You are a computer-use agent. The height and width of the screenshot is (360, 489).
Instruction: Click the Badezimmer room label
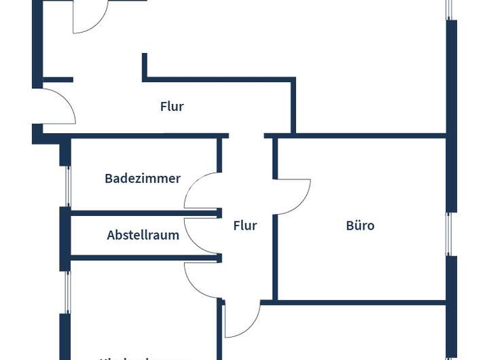point(143,179)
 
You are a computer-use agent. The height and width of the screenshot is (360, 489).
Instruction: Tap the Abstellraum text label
point(143,236)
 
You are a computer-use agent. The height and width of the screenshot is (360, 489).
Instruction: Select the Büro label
point(360,226)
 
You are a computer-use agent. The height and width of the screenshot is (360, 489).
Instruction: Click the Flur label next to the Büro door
point(245,226)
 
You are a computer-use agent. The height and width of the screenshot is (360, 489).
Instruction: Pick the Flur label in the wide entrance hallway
point(172,107)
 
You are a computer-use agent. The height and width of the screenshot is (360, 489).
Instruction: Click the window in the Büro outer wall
point(448,234)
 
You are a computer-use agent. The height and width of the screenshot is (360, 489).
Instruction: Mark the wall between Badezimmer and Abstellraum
point(143,213)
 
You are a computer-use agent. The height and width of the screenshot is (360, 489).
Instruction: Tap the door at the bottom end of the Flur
point(242,319)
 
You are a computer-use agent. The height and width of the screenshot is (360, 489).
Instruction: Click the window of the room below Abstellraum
point(67,292)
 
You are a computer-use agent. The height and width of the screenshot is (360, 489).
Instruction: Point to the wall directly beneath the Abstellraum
point(143,258)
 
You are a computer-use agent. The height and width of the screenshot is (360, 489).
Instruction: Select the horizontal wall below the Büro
point(360,301)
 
